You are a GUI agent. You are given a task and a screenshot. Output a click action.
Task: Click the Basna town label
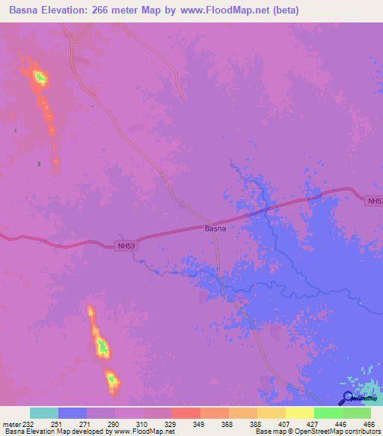click(215, 228)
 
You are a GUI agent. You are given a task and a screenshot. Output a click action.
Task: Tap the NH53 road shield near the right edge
click(375, 201)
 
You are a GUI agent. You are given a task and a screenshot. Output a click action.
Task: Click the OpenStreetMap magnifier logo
click(348, 399)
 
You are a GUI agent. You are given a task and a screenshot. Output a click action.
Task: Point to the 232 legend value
click(28, 423)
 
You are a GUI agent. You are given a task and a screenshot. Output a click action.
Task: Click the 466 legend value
click(369, 423)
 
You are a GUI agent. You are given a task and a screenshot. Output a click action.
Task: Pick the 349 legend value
click(199, 423)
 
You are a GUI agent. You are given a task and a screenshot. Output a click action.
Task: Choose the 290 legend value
click(114, 423)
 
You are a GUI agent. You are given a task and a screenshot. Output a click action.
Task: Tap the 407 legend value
click(284, 423)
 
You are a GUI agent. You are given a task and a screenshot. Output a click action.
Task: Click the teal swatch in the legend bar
click(44, 413)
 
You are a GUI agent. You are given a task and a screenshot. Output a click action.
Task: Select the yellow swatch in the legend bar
click(300, 413)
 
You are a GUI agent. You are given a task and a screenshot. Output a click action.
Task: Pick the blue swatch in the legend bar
click(73, 413)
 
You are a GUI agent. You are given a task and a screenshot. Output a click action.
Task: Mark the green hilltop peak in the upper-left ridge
click(40, 76)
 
